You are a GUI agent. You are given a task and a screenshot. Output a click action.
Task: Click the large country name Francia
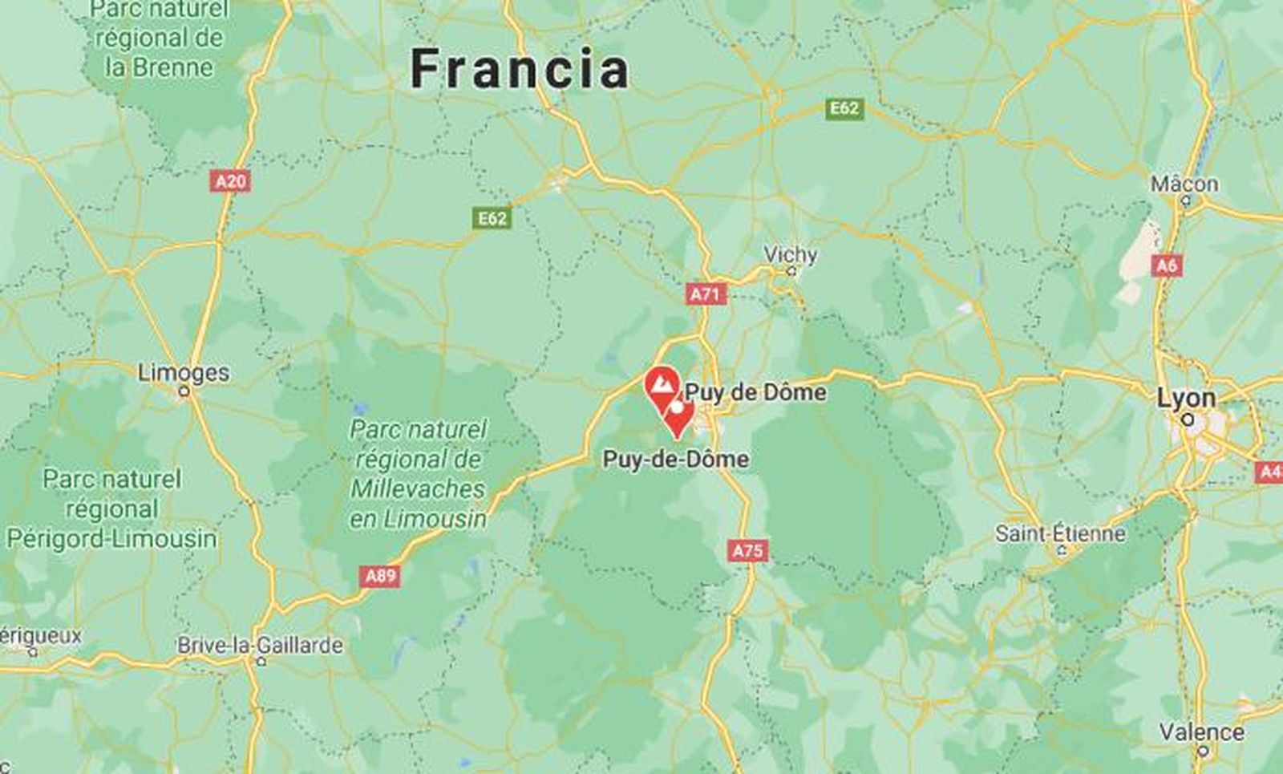tap(520, 69)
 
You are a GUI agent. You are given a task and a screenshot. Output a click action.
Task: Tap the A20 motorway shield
tap(230, 181)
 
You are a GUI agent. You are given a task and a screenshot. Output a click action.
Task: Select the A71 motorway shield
tap(706, 294)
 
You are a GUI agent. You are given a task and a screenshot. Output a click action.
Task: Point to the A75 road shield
tap(748, 551)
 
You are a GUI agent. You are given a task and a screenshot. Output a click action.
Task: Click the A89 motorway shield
tap(380, 576)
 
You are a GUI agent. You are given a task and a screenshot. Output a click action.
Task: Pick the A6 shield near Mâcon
tap(1167, 265)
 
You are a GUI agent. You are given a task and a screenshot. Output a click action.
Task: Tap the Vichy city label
tap(790, 254)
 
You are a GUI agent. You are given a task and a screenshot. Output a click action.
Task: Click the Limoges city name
tap(184, 372)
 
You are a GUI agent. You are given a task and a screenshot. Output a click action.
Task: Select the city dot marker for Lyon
tap(1188, 419)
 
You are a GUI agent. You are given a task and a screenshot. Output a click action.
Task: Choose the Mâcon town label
tap(1184, 184)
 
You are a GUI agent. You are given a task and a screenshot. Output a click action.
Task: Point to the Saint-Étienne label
tap(1060, 533)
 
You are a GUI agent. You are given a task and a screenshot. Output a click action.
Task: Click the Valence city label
tap(1201, 731)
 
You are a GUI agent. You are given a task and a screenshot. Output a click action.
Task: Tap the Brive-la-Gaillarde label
tap(260, 645)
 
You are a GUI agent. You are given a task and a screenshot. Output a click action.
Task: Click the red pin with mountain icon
tap(662, 384)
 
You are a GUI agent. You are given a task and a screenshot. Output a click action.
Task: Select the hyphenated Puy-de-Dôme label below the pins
tap(676, 459)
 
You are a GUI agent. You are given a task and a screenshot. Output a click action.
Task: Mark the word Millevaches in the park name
tap(418, 488)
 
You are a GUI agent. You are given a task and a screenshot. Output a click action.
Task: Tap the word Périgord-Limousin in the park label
tap(111, 538)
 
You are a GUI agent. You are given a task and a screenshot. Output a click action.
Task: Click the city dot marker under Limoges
tap(184, 391)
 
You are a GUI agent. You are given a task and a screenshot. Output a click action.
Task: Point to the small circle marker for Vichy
tap(791, 272)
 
